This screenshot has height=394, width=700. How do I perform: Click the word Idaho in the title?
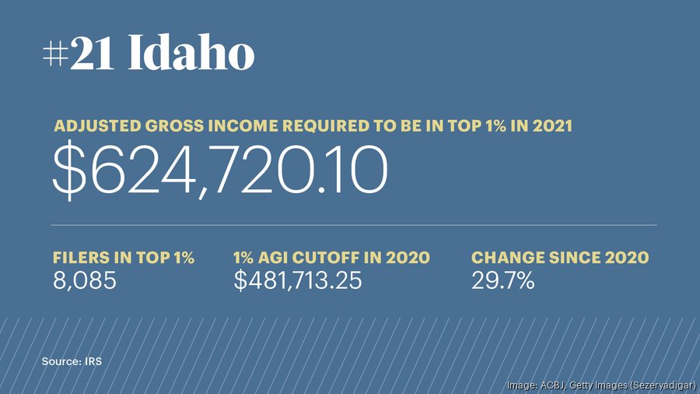click(191, 55)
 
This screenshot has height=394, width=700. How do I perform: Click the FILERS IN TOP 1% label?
click(123, 258)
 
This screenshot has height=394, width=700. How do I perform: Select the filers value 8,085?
click(84, 280)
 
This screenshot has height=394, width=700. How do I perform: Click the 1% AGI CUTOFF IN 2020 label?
click(331, 258)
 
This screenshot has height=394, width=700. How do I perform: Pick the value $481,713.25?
click(298, 280)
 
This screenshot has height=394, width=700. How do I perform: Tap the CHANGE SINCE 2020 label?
click(560, 258)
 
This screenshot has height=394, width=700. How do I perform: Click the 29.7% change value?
click(503, 280)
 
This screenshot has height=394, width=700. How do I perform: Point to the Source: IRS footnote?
click(72, 361)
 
